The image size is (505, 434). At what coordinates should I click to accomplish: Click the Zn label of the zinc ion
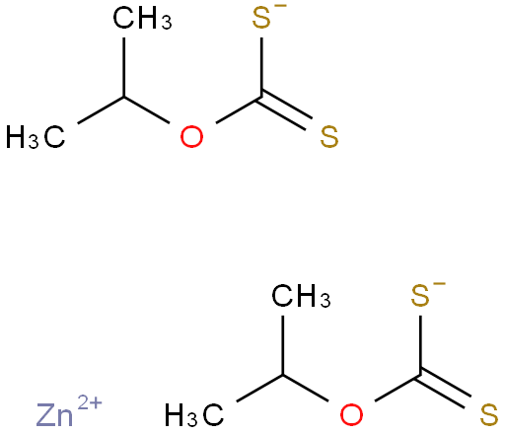[54, 415]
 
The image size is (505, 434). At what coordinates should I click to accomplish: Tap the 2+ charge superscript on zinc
[90, 402]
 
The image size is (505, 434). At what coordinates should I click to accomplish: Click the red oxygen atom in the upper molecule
[191, 136]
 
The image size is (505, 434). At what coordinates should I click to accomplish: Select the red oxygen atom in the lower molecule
[351, 414]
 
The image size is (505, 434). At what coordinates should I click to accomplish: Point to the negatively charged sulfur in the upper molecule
[261, 18]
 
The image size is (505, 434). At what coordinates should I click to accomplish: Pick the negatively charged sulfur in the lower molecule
[420, 296]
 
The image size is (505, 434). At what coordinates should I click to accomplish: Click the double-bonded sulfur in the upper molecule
[329, 136]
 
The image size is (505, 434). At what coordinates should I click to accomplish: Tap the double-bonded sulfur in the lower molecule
[489, 414]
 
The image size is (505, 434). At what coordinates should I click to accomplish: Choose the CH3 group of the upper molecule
[142, 19]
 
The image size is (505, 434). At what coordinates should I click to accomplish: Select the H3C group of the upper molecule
[36, 136]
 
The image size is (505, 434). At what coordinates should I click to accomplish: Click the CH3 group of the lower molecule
[301, 296]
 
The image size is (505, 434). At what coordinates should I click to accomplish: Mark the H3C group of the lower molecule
[194, 414]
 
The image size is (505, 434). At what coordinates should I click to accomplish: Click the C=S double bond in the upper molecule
[284, 110]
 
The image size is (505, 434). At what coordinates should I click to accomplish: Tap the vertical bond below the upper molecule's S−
[261, 67]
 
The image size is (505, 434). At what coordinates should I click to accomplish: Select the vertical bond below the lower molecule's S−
[420, 345]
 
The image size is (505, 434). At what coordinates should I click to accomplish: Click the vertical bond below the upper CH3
[124, 67]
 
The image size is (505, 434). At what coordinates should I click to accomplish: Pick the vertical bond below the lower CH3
[283, 345]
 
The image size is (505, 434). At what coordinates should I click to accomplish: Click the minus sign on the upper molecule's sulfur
[282, 6]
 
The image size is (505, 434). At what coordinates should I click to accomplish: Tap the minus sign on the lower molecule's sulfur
[441, 283]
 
